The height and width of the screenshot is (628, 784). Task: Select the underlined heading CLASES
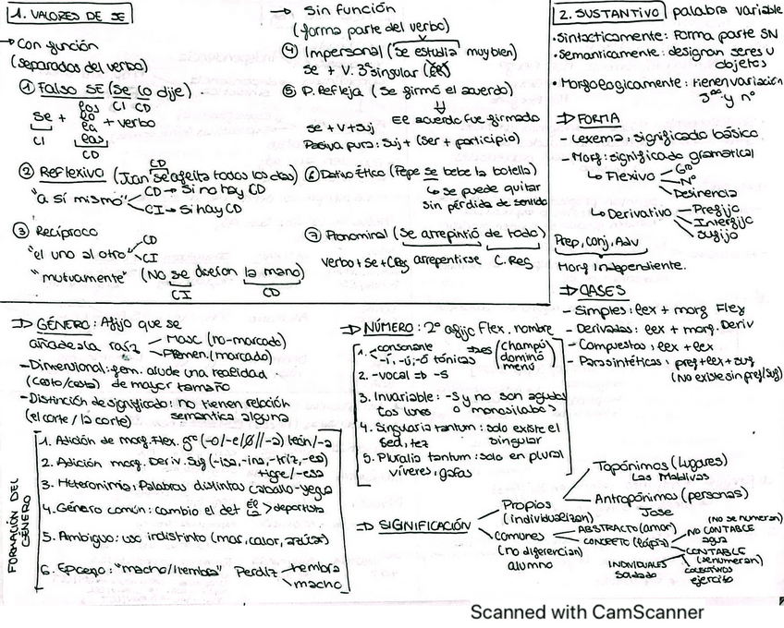tap(604, 290)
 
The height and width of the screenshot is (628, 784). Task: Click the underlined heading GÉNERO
tap(65, 325)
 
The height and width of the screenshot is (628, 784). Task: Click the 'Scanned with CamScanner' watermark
tap(586, 611)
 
